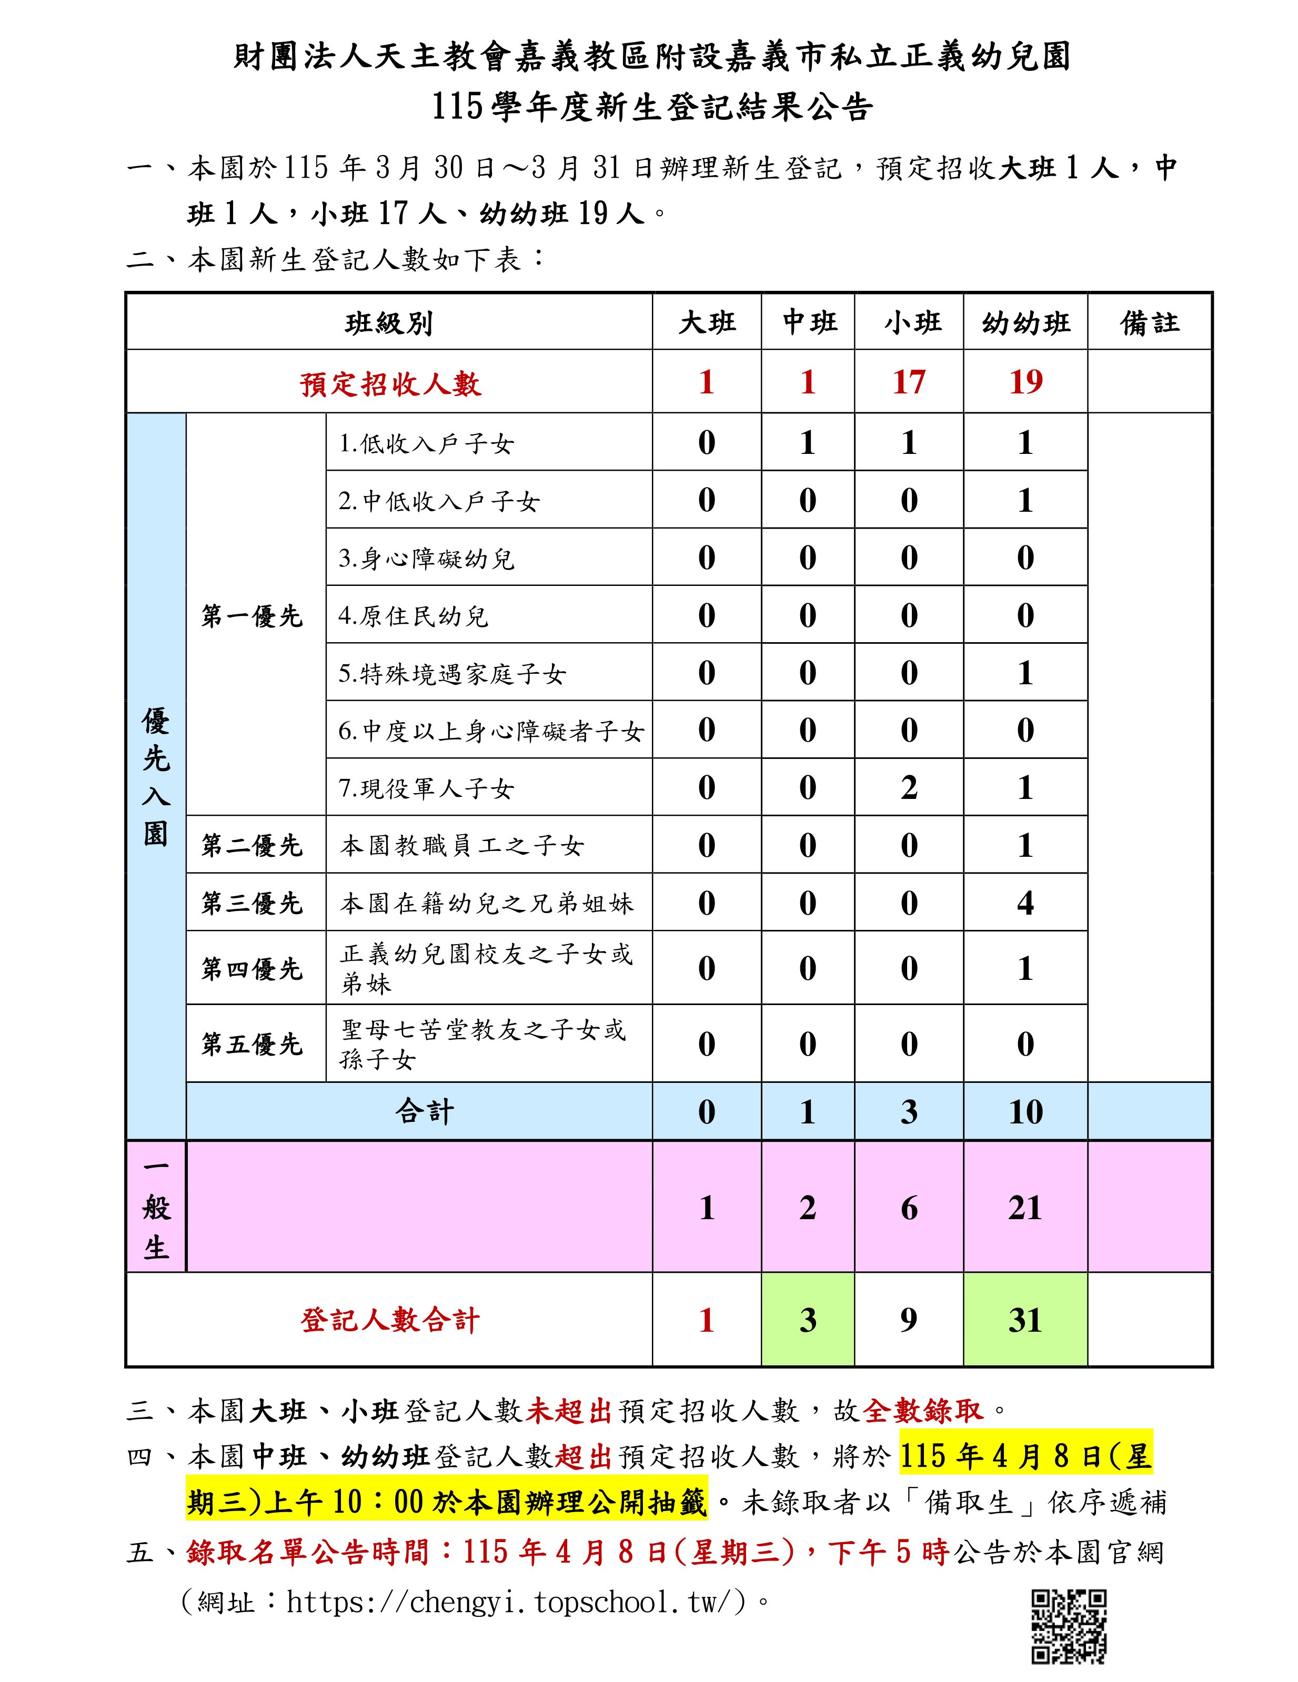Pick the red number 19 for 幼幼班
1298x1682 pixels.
1025,382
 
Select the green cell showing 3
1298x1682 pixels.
807,1321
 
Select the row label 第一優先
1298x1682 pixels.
252,616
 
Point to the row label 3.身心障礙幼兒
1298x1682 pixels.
426,559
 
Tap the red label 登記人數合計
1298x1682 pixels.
390,1321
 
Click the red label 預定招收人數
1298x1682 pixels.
390,383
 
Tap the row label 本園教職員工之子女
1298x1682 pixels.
462,846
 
